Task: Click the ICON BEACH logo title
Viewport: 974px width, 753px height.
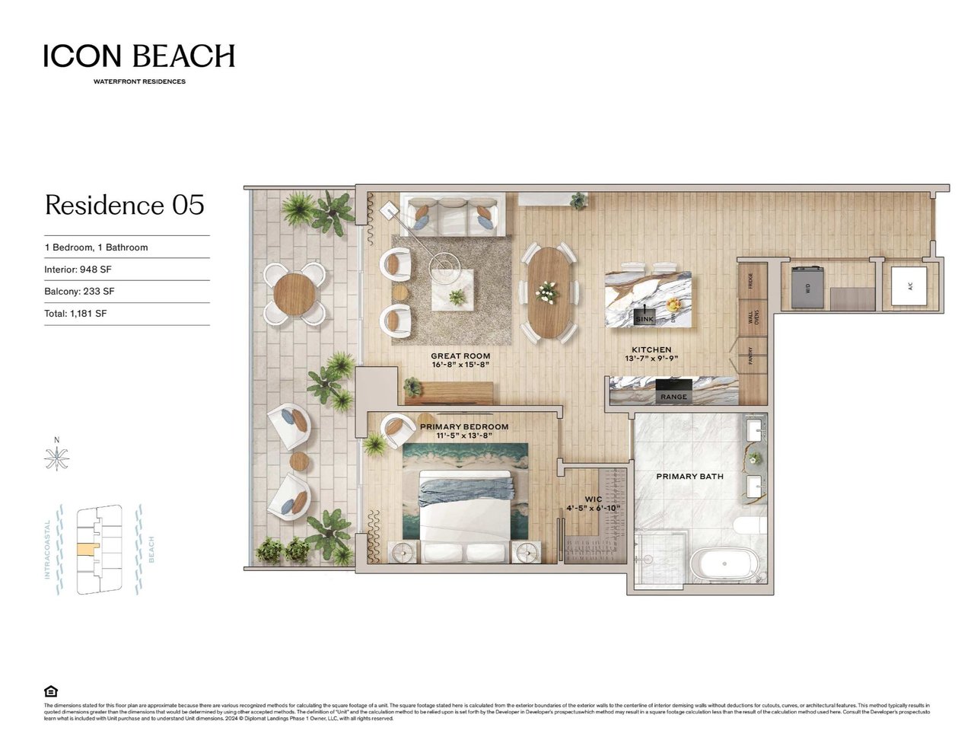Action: [x=139, y=56]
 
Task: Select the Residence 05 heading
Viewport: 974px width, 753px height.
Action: [x=125, y=205]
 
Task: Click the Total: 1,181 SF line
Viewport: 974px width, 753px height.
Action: [x=75, y=314]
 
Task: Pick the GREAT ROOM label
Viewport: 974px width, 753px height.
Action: [x=460, y=360]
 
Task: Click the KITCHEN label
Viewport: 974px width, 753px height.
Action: [x=651, y=354]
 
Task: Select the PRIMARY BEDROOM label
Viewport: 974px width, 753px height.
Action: [x=464, y=431]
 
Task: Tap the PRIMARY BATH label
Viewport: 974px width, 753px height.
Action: [x=689, y=477]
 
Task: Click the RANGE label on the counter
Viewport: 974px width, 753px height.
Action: [x=673, y=397]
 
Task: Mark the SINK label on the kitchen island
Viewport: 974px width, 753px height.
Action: [x=644, y=320]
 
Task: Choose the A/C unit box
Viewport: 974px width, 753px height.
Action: [x=909, y=286]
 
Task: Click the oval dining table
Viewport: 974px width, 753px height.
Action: [x=548, y=294]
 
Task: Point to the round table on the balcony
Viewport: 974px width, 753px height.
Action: [x=294, y=293]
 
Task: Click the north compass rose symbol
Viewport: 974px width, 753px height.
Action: [x=56, y=458]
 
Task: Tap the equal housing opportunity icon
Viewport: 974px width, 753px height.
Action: [x=51, y=691]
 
